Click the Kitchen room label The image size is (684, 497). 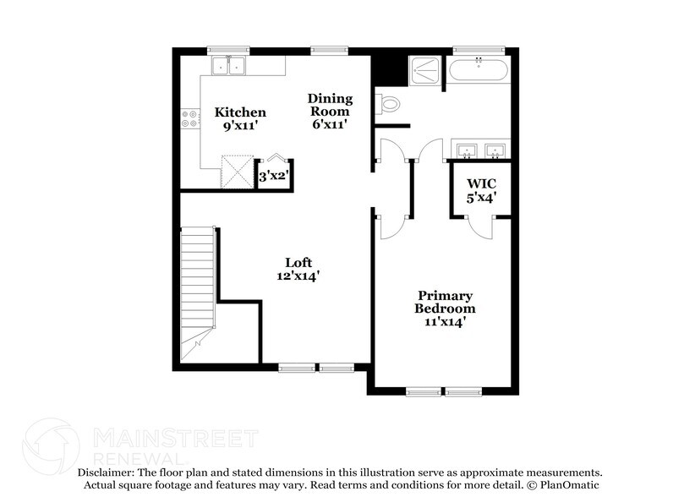coord(239,112)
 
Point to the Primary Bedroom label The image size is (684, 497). coord(445,302)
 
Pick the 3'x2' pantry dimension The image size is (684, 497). coord(272,177)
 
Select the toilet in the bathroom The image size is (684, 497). coord(388,104)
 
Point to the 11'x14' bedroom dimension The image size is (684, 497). coord(445,321)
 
